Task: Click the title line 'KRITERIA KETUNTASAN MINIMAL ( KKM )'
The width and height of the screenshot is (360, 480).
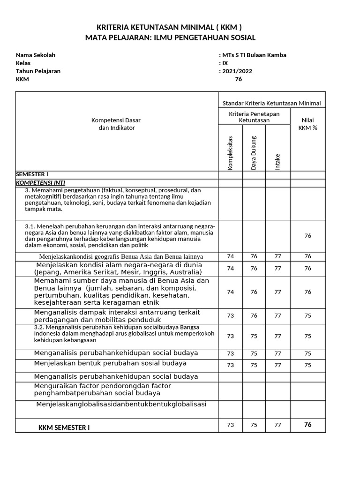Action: (169, 27)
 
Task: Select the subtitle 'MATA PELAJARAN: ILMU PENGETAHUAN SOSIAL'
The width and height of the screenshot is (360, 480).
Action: (170, 37)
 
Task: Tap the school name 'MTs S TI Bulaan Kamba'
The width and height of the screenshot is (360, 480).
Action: (254, 55)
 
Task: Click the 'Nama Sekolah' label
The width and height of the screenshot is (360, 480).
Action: (35, 55)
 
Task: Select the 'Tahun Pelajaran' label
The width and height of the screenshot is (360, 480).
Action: (38, 71)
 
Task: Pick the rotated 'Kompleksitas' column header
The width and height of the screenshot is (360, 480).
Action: (230, 152)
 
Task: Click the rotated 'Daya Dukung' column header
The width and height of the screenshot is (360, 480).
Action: (254, 152)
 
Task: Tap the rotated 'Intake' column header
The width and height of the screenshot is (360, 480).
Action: (278, 161)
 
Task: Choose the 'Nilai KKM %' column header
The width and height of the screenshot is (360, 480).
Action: (307, 124)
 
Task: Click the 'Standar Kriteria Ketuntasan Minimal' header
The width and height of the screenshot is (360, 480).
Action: (271, 103)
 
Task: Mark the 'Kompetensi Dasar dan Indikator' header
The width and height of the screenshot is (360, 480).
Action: (116, 124)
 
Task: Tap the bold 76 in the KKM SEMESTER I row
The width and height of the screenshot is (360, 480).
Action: (307, 425)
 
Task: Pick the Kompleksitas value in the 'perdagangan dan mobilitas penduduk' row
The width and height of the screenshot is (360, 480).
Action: (230, 315)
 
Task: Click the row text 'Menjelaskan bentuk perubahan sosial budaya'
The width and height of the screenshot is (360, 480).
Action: (110, 363)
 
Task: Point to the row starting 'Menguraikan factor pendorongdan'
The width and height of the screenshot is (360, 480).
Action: (103, 389)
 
